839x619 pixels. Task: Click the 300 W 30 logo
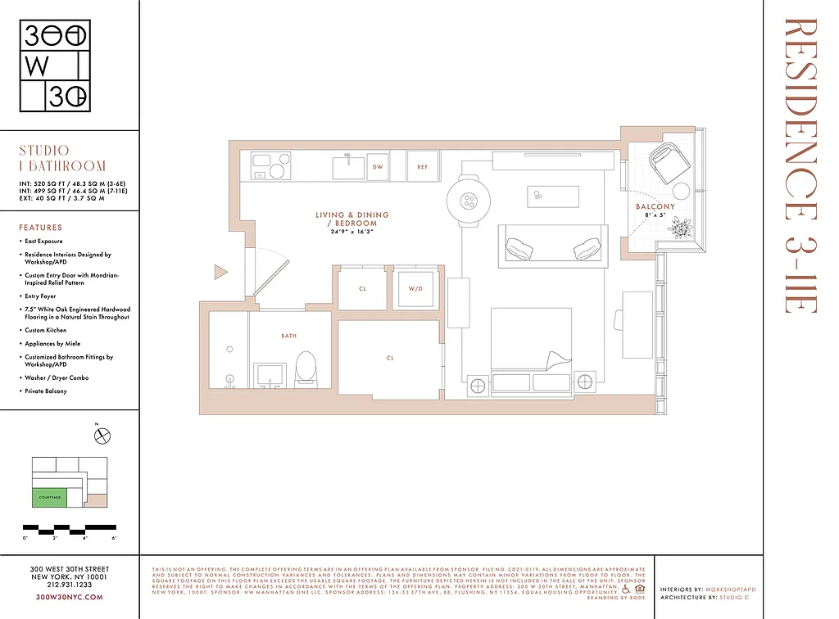point(55,66)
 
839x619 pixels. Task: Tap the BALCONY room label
point(655,206)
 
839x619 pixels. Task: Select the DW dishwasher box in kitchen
point(378,167)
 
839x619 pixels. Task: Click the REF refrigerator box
point(423,167)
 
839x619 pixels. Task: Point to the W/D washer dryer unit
point(415,289)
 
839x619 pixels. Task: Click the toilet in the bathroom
point(305,369)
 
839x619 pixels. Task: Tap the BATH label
point(288,336)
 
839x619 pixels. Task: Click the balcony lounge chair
point(670,161)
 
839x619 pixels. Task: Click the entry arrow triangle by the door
point(220,272)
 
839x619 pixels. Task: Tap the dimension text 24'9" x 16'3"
point(352,232)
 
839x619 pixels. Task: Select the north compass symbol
point(102,436)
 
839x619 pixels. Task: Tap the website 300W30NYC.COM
point(69,598)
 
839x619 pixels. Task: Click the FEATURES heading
point(40,228)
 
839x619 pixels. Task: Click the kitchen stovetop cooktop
point(267,166)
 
